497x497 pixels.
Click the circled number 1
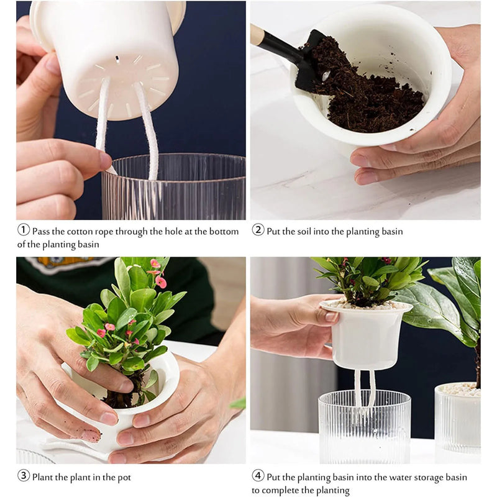point(23,230)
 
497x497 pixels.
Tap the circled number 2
point(258,230)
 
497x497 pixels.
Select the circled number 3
point(23,476)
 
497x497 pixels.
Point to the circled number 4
point(258,476)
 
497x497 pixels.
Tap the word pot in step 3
point(123,477)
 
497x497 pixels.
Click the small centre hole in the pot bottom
point(117,60)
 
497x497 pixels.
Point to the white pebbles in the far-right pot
point(460,390)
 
